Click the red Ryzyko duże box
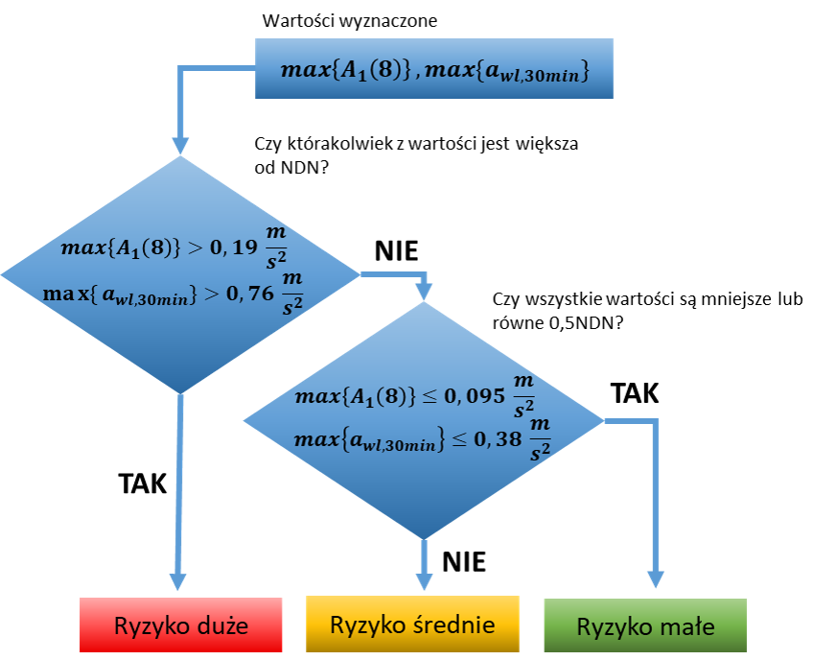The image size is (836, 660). [x=180, y=625]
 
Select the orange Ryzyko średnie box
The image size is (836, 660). [x=412, y=625]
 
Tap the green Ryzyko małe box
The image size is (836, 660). [x=645, y=627]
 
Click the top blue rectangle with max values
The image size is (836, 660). [x=433, y=69]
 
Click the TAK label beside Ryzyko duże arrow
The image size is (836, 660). [x=142, y=483]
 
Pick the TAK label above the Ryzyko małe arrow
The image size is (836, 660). [x=635, y=393]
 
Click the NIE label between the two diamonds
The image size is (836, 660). [x=395, y=251]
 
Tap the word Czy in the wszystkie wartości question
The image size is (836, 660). [x=504, y=300]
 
